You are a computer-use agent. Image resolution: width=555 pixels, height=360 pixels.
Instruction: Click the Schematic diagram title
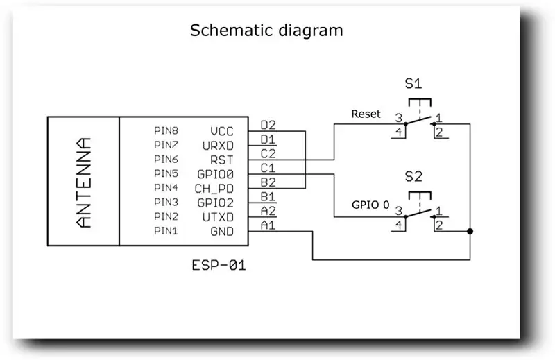(266, 31)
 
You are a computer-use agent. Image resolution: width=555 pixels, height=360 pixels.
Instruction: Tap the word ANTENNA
(83, 182)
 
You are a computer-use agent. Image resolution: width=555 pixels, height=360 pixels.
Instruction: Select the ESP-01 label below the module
(219, 265)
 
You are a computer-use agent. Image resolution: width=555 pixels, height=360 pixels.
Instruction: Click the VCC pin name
(222, 131)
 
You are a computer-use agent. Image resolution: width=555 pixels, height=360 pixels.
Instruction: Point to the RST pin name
(222, 160)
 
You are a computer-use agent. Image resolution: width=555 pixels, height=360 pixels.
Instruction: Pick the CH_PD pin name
(214, 189)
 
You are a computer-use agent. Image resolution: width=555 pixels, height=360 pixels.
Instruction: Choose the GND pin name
(222, 232)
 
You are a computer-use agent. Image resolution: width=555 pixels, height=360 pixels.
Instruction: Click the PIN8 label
(166, 130)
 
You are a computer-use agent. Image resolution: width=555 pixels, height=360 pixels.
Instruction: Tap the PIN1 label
(166, 231)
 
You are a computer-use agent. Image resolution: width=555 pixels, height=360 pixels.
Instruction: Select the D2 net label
(268, 125)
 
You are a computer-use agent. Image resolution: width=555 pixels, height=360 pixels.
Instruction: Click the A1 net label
(268, 225)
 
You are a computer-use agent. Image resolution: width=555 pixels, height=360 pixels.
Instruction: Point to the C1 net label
(268, 168)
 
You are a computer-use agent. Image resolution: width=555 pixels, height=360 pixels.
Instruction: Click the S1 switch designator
(413, 83)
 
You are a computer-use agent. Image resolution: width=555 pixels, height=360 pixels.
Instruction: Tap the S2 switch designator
(413, 176)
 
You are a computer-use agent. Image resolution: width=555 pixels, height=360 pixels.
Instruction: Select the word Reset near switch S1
(366, 114)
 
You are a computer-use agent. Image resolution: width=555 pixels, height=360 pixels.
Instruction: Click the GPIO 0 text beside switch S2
(370, 205)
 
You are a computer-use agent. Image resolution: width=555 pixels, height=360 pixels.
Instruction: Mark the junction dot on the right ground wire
(470, 232)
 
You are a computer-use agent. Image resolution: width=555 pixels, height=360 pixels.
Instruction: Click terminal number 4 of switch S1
(399, 132)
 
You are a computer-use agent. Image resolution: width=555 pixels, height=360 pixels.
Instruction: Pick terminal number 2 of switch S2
(439, 225)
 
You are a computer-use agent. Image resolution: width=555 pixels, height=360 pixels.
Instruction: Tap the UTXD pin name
(218, 217)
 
